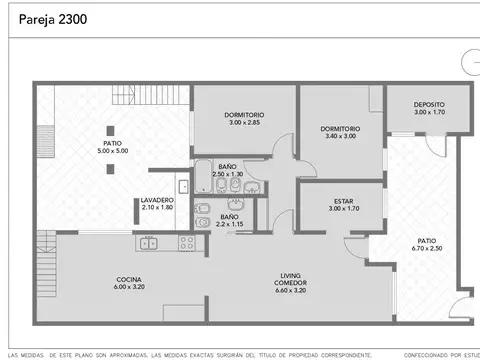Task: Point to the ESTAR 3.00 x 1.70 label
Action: pyautogui.click(x=343, y=204)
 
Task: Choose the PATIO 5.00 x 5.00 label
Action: pyautogui.click(x=112, y=146)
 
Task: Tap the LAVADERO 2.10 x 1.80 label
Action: pyautogui.click(x=157, y=203)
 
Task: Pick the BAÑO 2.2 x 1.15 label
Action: pyautogui.click(x=230, y=220)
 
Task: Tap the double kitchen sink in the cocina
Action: pyautogui.click(x=148, y=242)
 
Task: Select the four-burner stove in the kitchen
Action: pyautogui.click(x=186, y=242)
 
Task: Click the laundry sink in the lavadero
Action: pyautogui.click(x=182, y=185)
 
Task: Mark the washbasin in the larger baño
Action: pyautogui.click(x=252, y=187)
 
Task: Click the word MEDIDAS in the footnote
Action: pyautogui.click(x=37, y=355)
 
